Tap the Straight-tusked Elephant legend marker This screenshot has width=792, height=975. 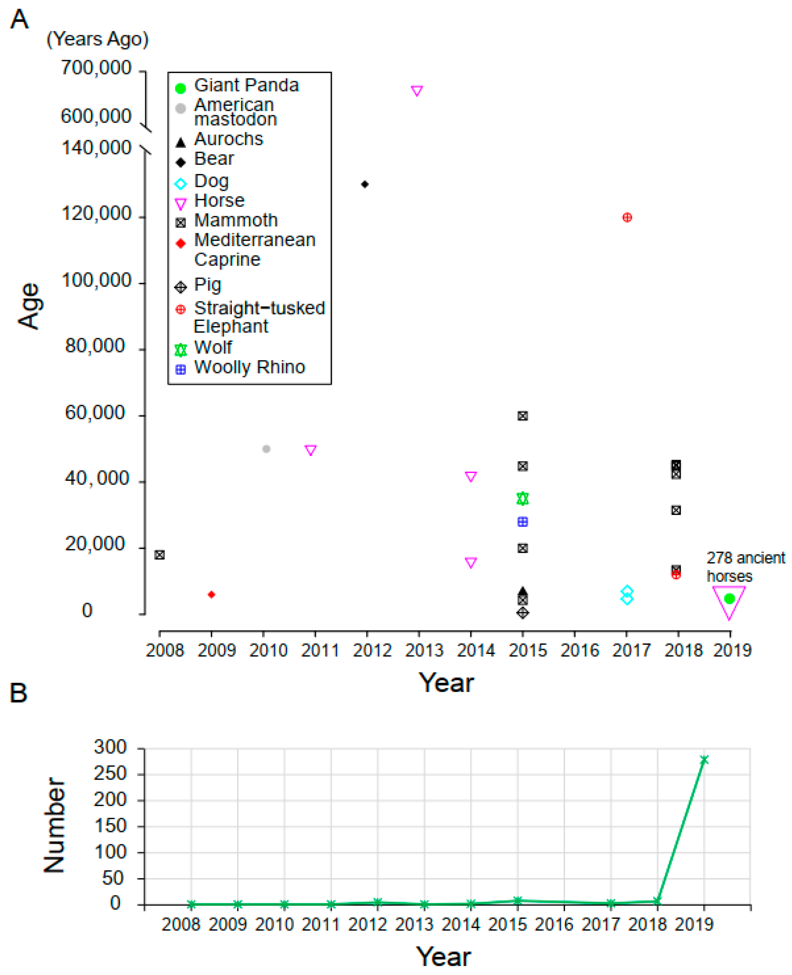(181, 310)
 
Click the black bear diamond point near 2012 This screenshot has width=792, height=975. (364, 184)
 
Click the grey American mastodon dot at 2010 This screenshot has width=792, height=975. (266, 449)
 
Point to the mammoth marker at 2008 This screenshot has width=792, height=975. (159, 555)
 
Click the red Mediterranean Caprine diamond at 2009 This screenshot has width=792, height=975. (211, 595)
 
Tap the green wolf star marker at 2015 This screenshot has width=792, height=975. (523, 499)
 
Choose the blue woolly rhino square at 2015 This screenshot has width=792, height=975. (523, 522)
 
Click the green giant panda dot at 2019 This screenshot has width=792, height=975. (729, 599)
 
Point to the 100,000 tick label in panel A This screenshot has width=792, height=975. (96, 280)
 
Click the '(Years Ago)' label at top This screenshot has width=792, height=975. (98, 39)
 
